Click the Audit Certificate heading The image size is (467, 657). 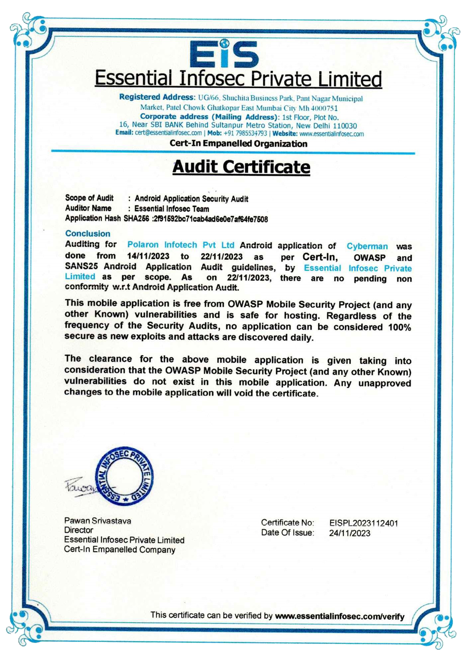pos(241,167)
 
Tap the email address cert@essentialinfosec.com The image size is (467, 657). pos(168,133)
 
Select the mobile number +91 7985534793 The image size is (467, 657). pos(245,133)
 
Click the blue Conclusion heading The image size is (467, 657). pos(87,233)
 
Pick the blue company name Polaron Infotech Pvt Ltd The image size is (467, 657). pos(181,245)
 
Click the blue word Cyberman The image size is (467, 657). pos(367,246)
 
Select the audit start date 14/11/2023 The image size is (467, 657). pos(148,256)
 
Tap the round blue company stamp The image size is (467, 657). pos(124,476)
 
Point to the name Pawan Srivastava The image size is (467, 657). pos(98,521)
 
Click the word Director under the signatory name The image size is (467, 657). pos(78,530)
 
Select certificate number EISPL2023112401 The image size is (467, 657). pos(363,523)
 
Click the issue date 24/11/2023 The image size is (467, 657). pos(349,533)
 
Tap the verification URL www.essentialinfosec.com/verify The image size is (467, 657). pos(339,617)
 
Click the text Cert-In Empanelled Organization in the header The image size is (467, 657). pos(238,144)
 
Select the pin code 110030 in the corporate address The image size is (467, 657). pos(345,126)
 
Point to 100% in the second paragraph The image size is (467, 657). pos(400,327)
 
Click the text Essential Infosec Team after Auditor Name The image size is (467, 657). pos(172,209)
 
